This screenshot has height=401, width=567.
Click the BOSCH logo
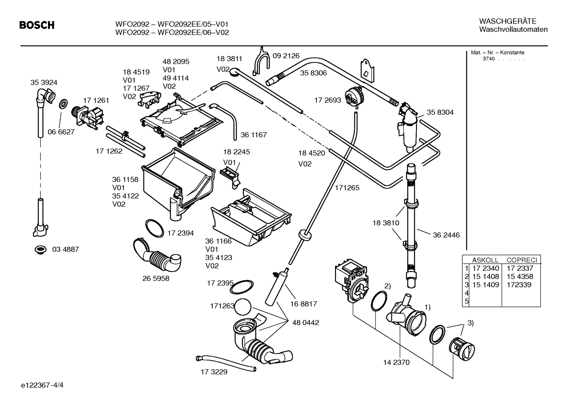point(37,26)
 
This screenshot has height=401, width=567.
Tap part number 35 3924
point(44,83)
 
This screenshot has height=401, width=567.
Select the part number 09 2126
point(286,56)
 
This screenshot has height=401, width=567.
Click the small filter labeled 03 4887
point(40,249)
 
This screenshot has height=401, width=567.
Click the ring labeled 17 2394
point(155,228)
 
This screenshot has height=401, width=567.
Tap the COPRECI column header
point(521,260)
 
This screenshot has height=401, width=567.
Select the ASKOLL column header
point(485,260)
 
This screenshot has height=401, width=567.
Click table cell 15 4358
point(520,277)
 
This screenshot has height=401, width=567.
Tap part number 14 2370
point(396,362)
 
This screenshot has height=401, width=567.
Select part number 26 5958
point(156,279)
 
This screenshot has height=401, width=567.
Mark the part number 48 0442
point(306,323)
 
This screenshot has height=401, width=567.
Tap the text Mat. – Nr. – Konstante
point(497,53)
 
